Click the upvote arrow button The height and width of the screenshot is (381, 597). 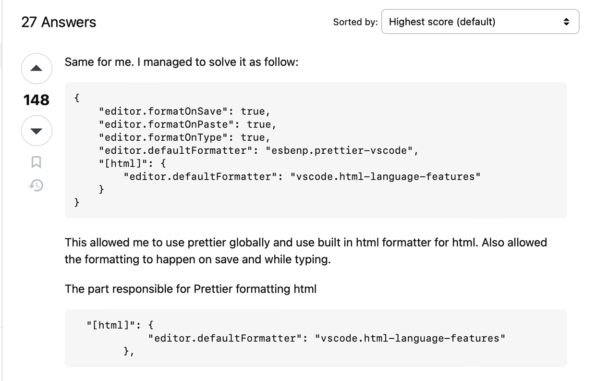point(37,69)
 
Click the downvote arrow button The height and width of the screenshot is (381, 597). point(37,131)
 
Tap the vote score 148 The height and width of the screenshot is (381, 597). point(37,100)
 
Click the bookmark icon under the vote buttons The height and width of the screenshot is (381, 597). point(36,162)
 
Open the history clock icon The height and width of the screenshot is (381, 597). point(36,185)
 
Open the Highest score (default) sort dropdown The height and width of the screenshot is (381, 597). point(480,22)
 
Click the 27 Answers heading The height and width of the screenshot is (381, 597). point(59,22)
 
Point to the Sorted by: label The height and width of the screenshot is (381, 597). point(355,22)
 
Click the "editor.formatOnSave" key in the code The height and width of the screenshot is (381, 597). point(163,111)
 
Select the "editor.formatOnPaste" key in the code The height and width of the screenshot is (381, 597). point(167,124)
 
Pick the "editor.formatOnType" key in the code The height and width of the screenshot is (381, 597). point(163,137)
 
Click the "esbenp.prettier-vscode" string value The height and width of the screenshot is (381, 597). point(339,151)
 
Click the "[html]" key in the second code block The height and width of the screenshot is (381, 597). point(111,325)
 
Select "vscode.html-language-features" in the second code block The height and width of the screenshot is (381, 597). point(410,338)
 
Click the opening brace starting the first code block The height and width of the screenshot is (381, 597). point(77,98)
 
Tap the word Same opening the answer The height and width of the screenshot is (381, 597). point(79,62)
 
